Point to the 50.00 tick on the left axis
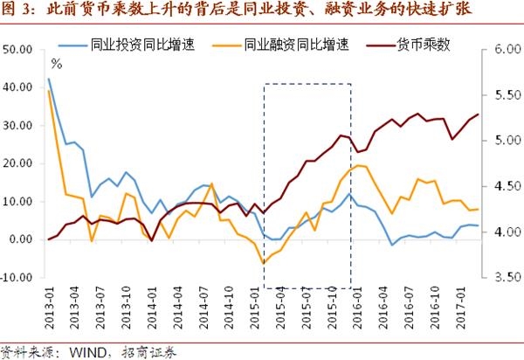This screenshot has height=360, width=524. [19, 50]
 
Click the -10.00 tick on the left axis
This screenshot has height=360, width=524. [18, 277]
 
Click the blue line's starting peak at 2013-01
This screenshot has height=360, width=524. [48, 79]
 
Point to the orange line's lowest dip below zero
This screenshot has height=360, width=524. [262, 263]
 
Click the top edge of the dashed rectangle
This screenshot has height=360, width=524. [307, 85]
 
